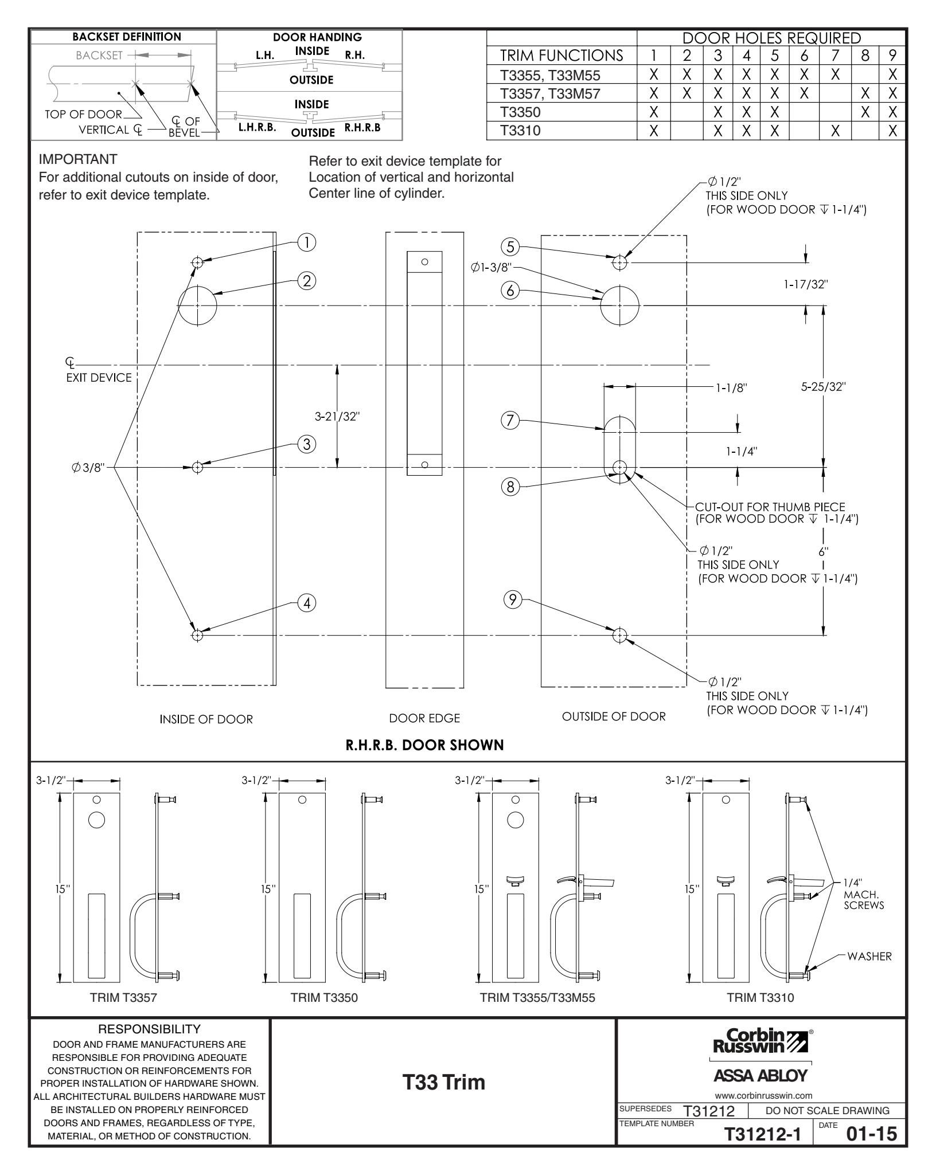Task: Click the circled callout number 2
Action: click(x=307, y=281)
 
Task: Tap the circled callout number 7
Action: click(x=510, y=421)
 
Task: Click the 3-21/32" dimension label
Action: click(x=337, y=416)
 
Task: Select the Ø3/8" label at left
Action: click(x=87, y=467)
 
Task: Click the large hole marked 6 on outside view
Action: click(x=619, y=306)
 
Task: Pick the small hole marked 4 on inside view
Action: click(x=197, y=635)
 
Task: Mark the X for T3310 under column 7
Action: click(x=835, y=131)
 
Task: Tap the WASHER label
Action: click(x=869, y=956)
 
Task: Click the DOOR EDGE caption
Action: click(x=424, y=718)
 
